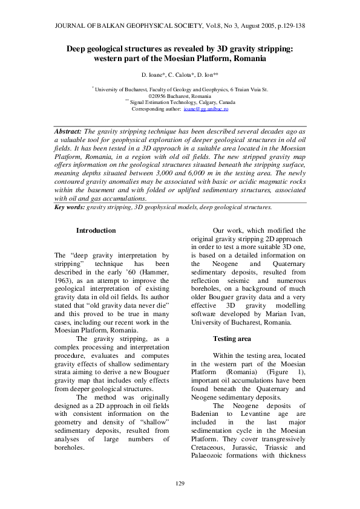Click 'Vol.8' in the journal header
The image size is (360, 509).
(x=214, y=26)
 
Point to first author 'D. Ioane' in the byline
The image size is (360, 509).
(x=153, y=75)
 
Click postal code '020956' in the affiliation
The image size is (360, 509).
(x=158, y=96)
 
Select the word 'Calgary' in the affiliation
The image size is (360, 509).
(x=200, y=102)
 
